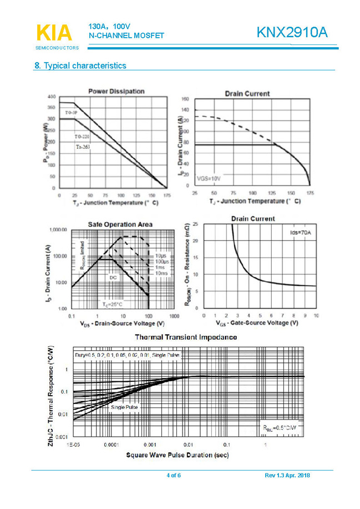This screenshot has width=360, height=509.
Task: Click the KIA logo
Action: [x=53, y=33]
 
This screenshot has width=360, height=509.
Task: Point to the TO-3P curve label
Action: [x=70, y=113]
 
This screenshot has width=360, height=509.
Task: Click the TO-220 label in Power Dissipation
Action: [x=82, y=136]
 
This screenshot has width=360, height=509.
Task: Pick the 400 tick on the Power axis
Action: [x=50, y=95]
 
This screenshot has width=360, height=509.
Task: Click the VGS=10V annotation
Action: [x=209, y=179]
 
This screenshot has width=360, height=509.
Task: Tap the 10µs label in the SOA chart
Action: [x=161, y=255]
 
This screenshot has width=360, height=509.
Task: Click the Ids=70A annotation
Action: [x=301, y=233]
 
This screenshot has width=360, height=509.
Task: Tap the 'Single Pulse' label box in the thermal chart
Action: [x=125, y=407]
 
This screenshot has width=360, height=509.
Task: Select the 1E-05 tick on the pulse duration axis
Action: [x=73, y=445]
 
